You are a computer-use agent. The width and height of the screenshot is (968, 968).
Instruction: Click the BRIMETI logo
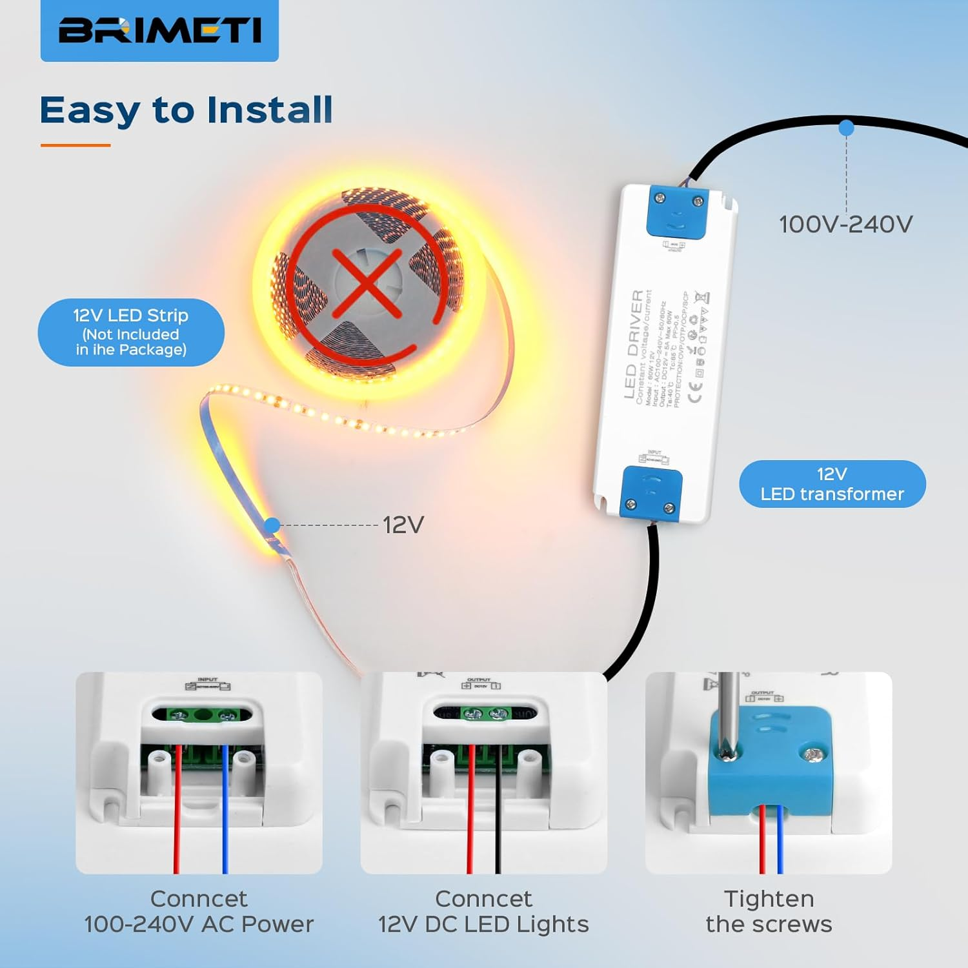[x=159, y=30]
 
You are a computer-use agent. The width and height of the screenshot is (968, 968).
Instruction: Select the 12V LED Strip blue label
[x=131, y=332]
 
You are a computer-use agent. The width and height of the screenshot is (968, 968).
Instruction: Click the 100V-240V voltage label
[x=845, y=225]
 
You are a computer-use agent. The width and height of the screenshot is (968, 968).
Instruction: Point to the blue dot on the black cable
[x=846, y=128]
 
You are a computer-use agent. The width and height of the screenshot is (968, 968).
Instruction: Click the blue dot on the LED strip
[x=272, y=525]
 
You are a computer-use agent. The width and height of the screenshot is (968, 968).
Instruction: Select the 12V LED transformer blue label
[x=832, y=484]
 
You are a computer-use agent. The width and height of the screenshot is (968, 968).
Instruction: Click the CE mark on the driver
[x=694, y=392]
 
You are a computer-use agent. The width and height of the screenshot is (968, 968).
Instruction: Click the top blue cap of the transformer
[x=677, y=212]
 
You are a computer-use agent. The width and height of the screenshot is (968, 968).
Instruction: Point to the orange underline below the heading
[x=76, y=145]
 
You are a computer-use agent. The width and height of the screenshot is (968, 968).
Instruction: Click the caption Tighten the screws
[x=769, y=911]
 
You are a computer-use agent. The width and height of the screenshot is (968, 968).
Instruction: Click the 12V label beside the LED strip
[x=403, y=525]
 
